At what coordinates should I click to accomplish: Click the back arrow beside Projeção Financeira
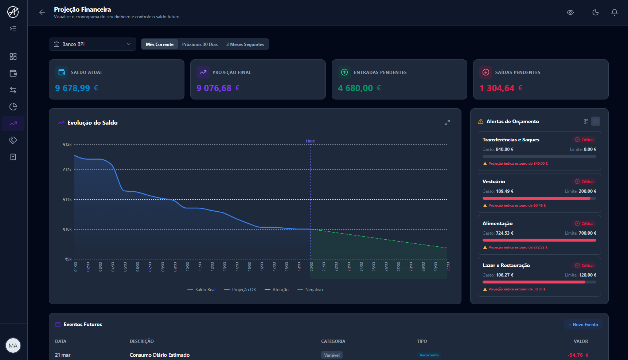click(x=42, y=12)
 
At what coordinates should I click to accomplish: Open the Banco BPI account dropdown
click(x=93, y=44)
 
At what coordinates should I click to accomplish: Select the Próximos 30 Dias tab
click(x=200, y=44)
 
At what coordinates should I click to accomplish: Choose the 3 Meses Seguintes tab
click(x=245, y=44)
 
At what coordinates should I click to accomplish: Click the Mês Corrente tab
click(x=160, y=44)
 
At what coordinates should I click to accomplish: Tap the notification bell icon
click(x=614, y=12)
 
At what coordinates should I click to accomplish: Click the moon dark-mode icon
click(x=595, y=12)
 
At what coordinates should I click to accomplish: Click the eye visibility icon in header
click(x=570, y=12)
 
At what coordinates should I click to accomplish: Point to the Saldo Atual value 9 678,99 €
click(x=76, y=88)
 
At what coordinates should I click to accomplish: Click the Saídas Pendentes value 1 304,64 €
click(x=501, y=88)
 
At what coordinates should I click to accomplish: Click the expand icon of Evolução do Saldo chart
click(x=447, y=122)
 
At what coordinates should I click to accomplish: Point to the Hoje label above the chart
click(x=310, y=141)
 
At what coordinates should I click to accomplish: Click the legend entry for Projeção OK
click(x=240, y=290)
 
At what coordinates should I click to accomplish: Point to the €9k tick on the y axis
click(x=68, y=259)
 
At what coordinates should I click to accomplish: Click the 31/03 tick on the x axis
click(x=448, y=267)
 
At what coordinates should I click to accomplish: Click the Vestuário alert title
click(x=494, y=181)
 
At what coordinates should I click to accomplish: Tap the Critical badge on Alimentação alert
click(x=584, y=223)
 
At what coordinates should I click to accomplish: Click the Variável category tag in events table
click(x=332, y=355)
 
